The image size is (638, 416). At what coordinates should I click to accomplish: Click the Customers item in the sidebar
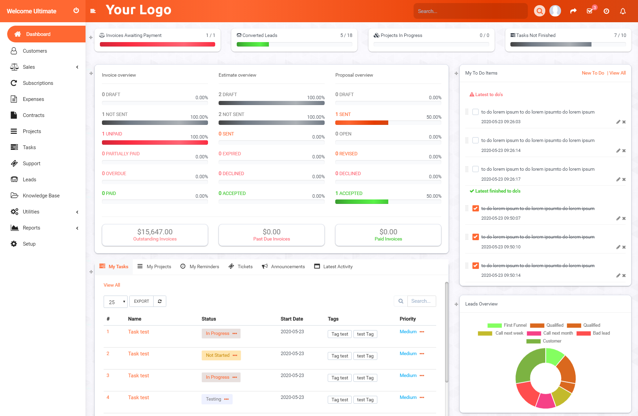[35, 51]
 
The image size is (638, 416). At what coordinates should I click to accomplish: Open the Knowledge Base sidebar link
[41, 196]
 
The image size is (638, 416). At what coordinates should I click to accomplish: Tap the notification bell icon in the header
[623, 11]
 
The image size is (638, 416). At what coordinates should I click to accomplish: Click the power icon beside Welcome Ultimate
[76, 11]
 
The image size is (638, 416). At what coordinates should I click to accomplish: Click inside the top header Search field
[470, 11]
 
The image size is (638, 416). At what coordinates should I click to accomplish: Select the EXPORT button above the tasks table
[141, 301]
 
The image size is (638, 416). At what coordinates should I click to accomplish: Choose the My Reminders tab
[200, 266]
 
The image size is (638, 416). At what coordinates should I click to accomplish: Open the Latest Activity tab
[333, 266]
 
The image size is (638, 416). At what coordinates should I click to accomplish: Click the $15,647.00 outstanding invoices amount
[155, 232]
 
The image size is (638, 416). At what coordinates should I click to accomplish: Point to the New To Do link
[593, 73]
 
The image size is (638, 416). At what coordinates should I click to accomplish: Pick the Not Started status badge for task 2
[221, 355]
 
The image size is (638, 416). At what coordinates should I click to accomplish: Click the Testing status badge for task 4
[217, 399]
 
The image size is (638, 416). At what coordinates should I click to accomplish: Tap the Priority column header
[407, 319]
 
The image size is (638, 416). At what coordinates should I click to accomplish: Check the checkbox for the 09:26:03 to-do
[476, 112]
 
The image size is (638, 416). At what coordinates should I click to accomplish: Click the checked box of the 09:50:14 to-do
[476, 265]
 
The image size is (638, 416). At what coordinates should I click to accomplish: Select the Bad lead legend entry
[593, 333]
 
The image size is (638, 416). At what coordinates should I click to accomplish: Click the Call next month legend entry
[550, 333]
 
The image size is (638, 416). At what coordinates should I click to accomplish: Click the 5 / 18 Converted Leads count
[346, 35]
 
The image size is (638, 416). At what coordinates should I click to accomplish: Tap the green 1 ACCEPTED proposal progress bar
[362, 202]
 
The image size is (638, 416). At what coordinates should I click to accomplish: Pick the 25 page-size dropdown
[116, 302]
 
